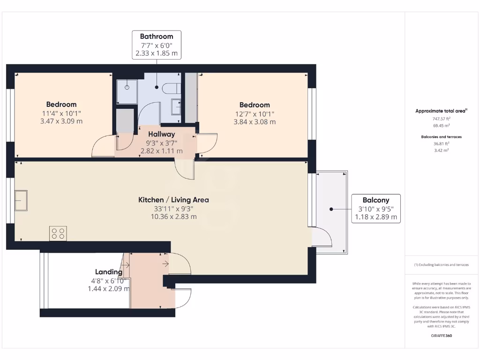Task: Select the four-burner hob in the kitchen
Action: coord(58,233)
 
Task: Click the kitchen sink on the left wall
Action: coord(21,201)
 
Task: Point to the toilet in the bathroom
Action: coord(171,88)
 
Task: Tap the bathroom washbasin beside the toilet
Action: coord(176,106)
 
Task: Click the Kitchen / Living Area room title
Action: coord(173,200)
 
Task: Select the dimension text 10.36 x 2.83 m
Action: coord(173,217)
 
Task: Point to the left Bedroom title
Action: coord(61,105)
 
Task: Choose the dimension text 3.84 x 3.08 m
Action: coord(255,122)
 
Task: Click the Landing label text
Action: coord(109,272)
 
